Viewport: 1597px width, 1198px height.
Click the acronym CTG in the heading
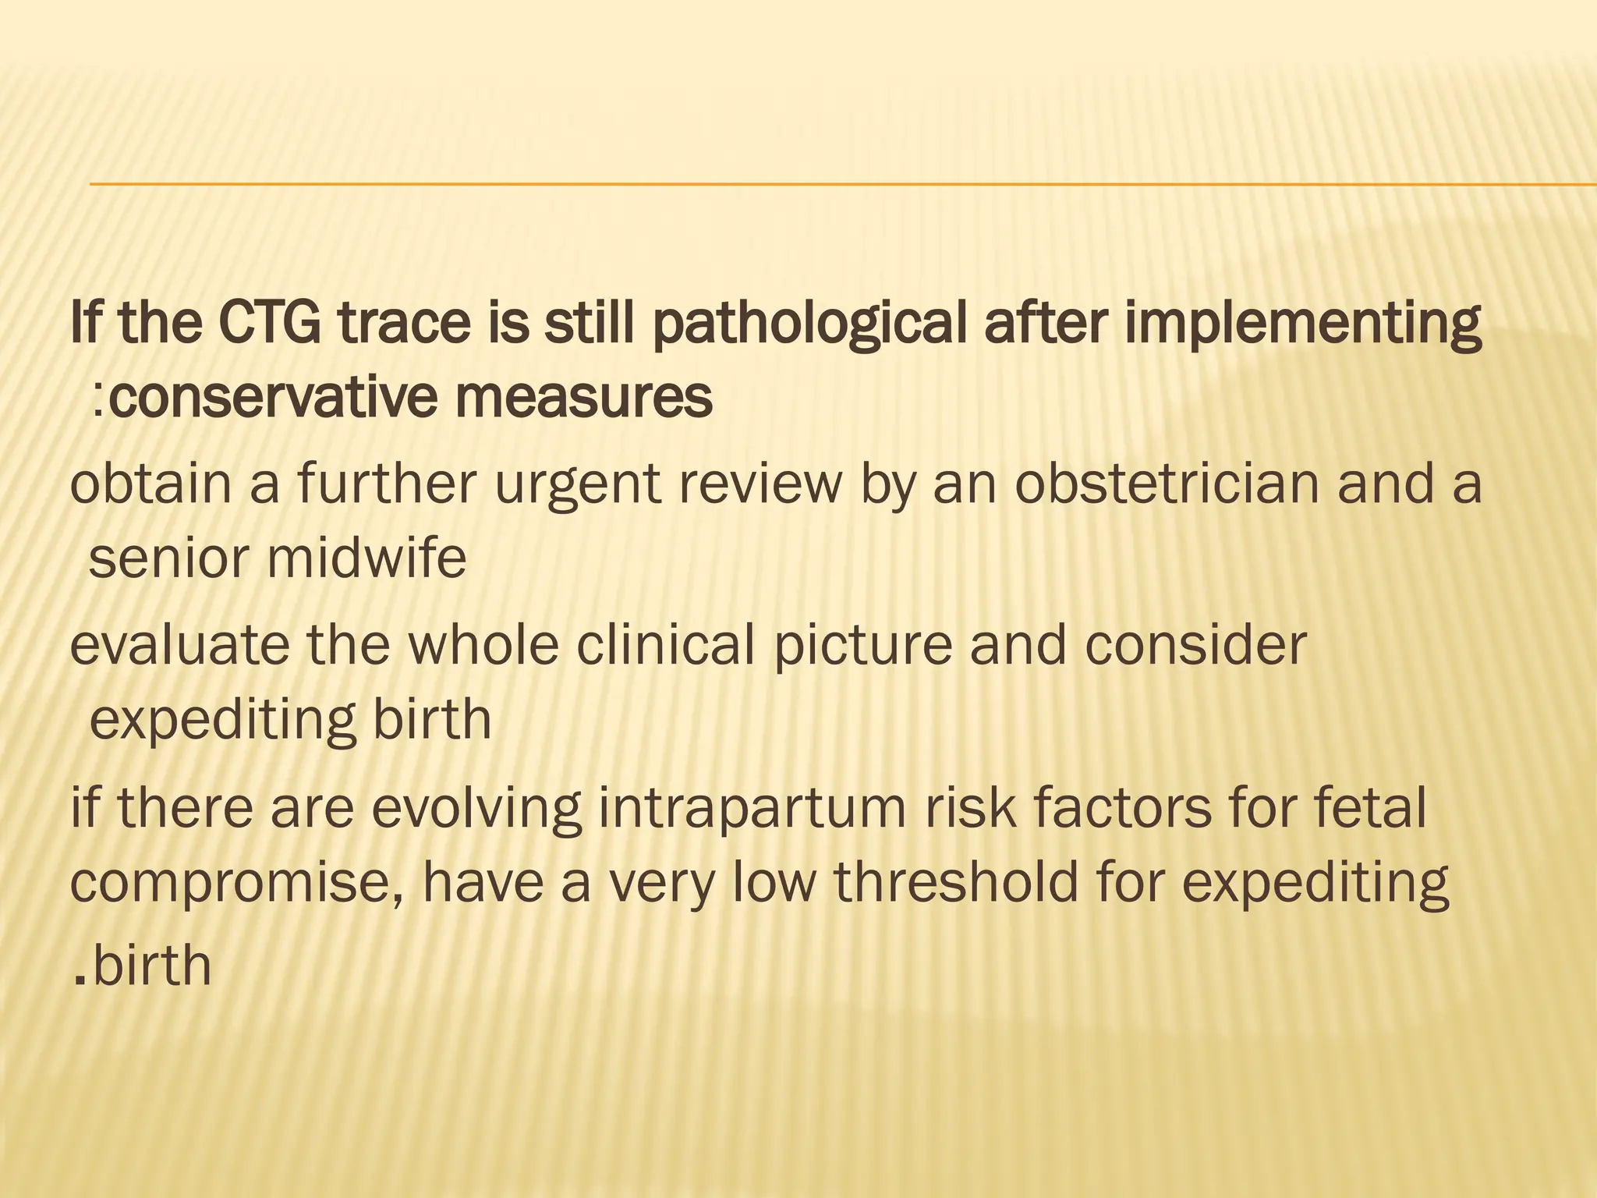(269, 324)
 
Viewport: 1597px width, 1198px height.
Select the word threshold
(956, 883)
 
